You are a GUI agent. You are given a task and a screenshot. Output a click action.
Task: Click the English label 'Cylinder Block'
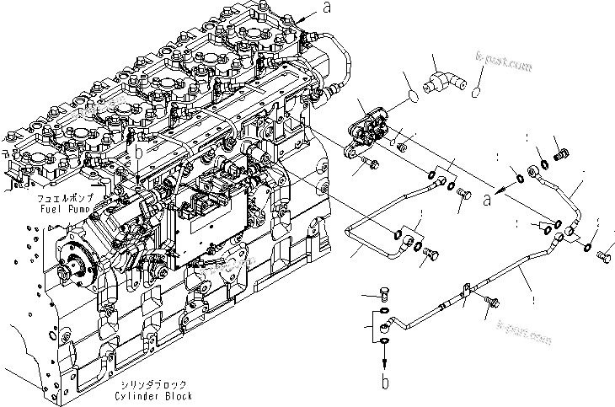click(x=157, y=395)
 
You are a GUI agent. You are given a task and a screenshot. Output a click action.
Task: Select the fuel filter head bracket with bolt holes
click(x=370, y=131)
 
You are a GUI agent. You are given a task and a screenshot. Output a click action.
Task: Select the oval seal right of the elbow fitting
click(x=475, y=88)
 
